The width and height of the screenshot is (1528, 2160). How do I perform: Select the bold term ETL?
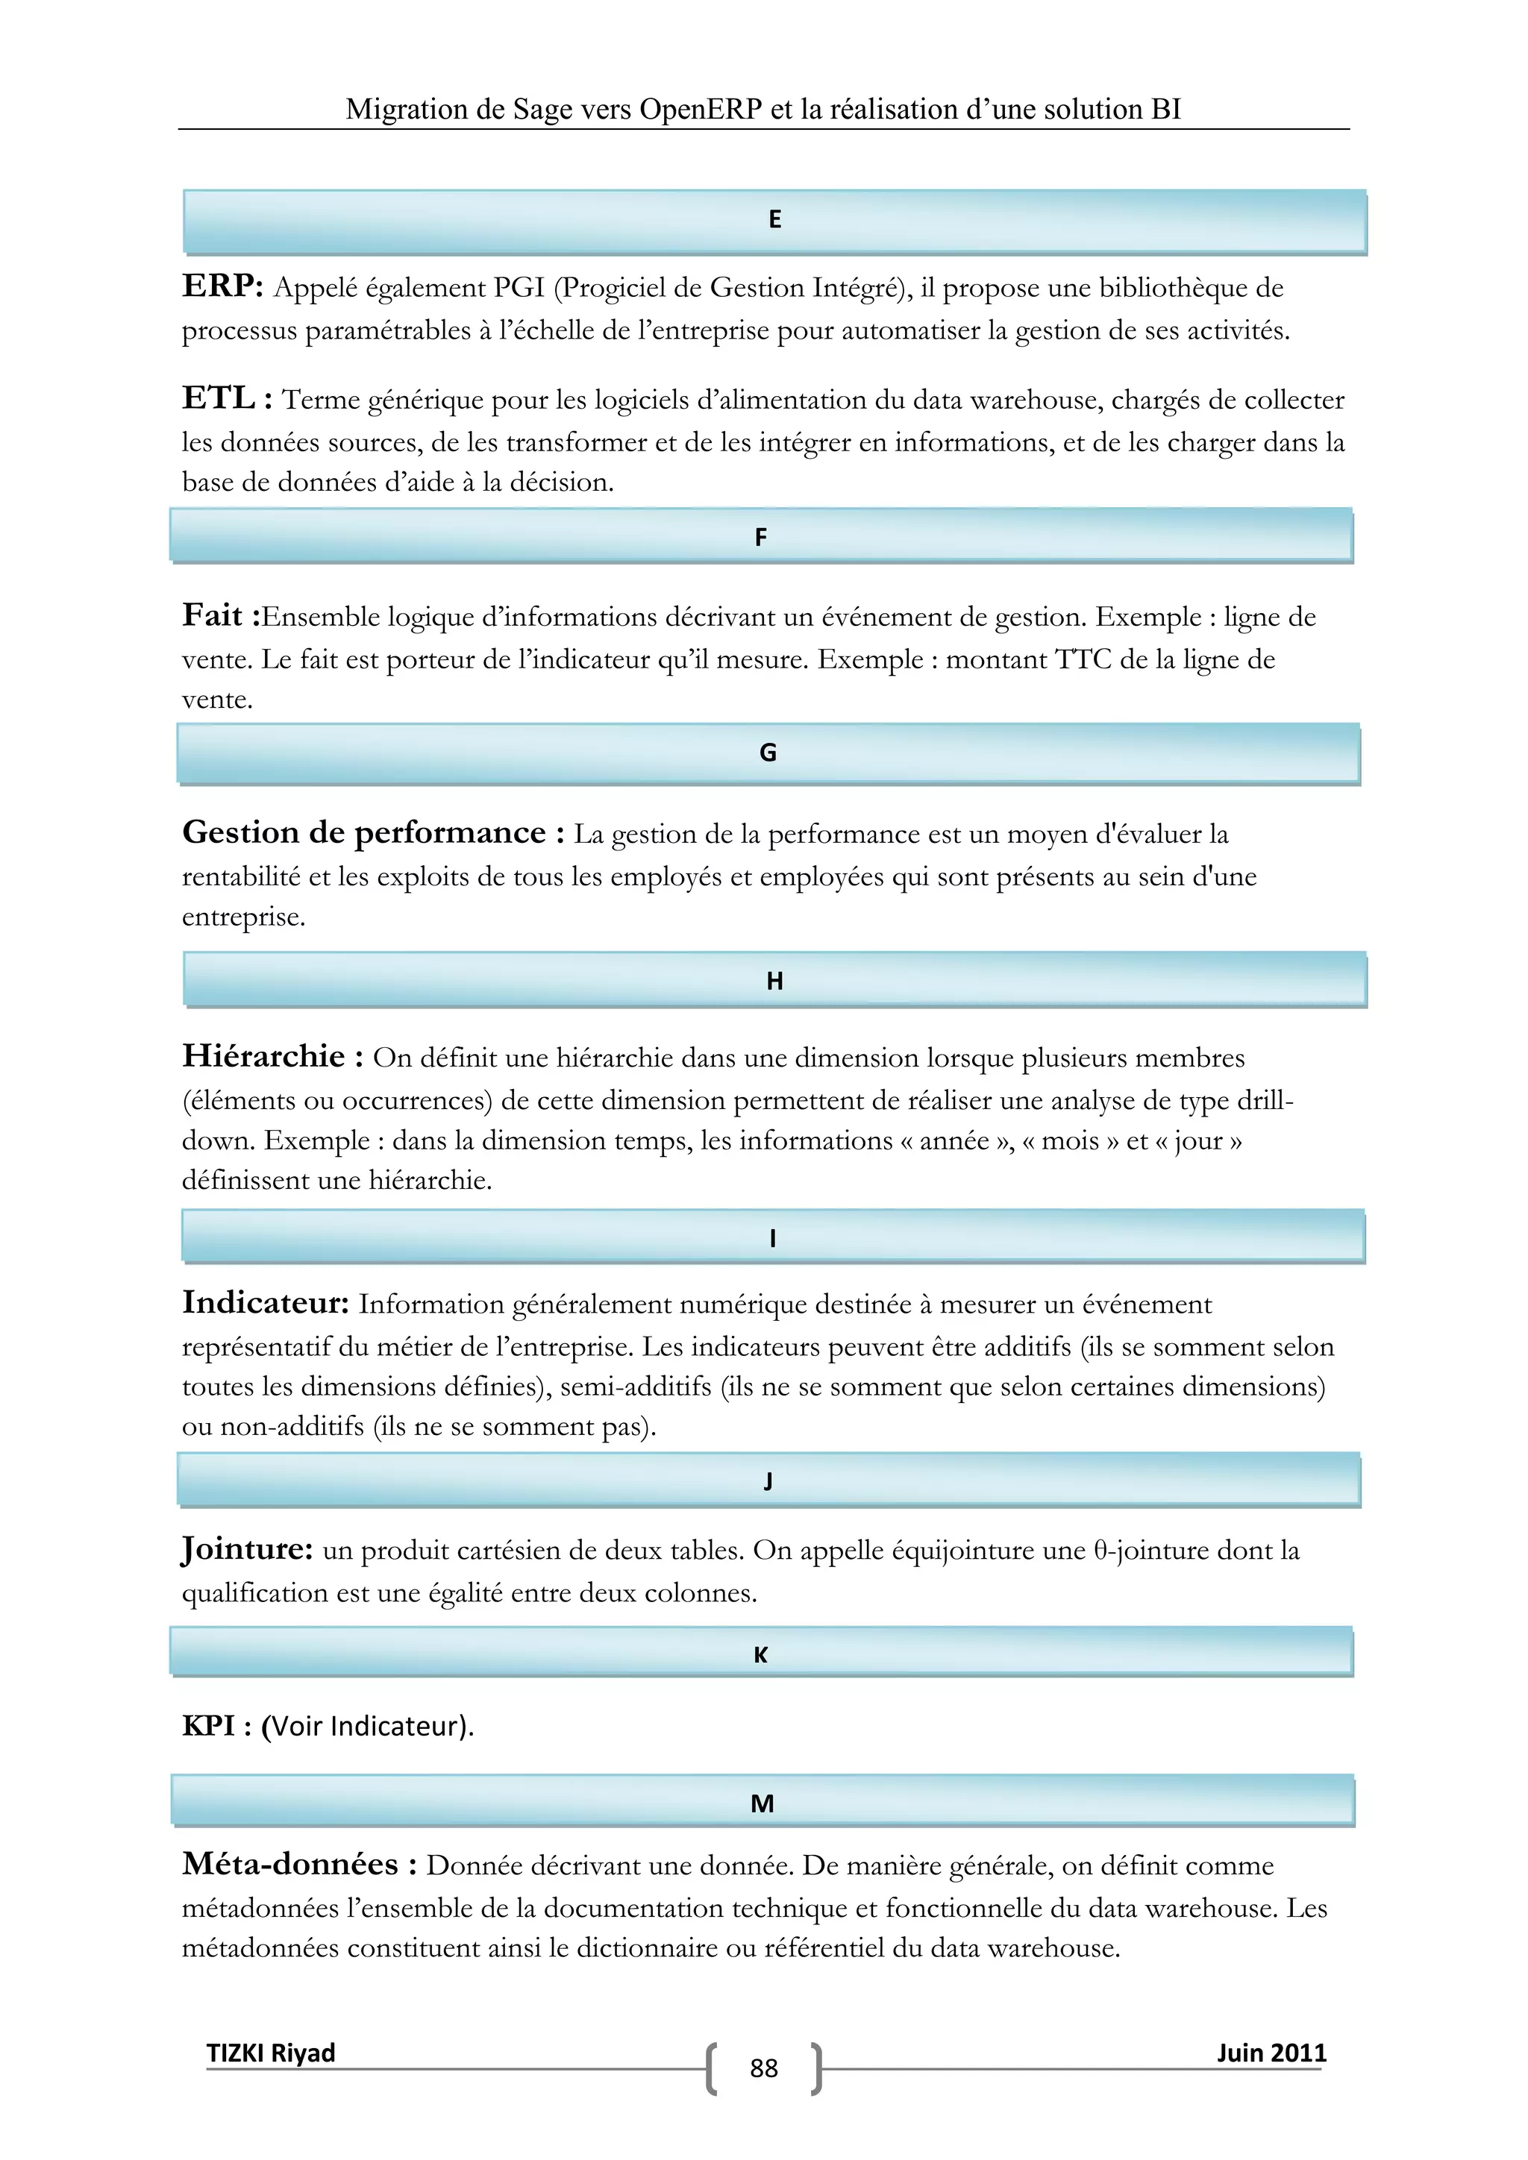(219, 399)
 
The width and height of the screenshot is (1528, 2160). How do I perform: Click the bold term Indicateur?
(266, 1303)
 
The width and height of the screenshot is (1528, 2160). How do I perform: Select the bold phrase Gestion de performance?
(363, 832)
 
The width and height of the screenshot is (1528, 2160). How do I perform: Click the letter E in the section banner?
(774, 220)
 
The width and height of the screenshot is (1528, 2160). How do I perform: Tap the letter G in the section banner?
(768, 753)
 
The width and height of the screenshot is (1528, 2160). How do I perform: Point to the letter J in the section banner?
(768, 1482)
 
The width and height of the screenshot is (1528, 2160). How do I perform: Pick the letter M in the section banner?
(762, 1803)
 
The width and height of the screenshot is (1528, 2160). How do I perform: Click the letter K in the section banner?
(761, 1655)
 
